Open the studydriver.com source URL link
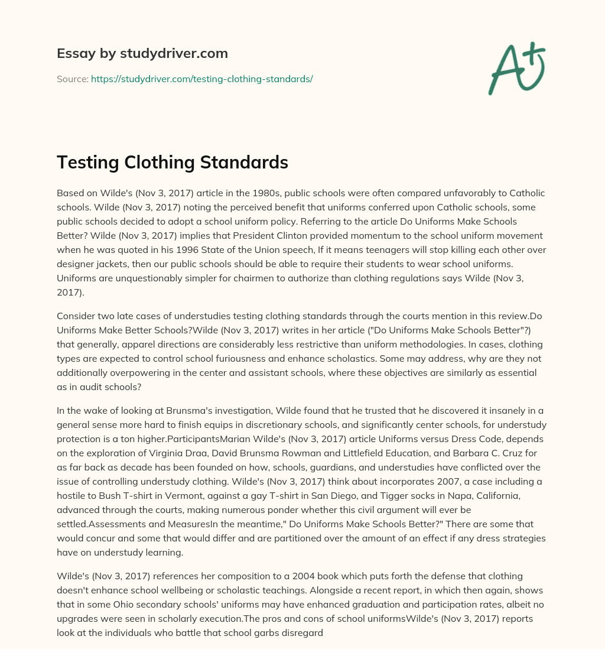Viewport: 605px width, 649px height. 201,79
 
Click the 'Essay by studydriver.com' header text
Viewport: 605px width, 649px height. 142,53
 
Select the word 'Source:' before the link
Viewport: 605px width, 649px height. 72,79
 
